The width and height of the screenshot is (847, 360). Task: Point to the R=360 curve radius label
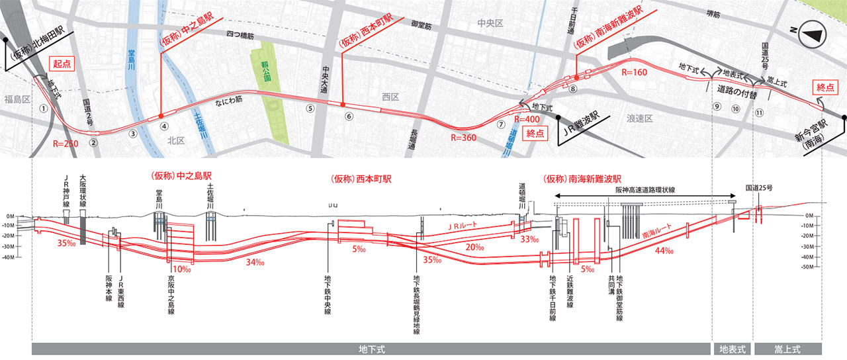pyautogui.click(x=463, y=138)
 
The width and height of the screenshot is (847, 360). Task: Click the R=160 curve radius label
pyautogui.click(x=634, y=71)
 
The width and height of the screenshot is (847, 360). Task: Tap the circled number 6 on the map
pyautogui.click(x=349, y=116)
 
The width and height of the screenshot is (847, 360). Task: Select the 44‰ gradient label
pyautogui.click(x=664, y=250)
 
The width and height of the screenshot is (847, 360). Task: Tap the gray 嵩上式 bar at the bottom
pyautogui.click(x=787, y=348)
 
